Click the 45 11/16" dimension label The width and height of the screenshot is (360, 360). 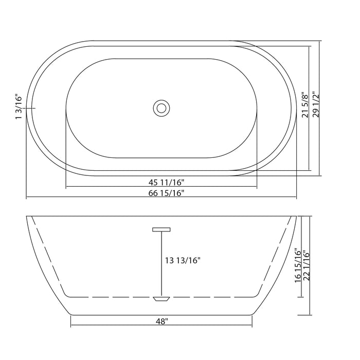(161, 182)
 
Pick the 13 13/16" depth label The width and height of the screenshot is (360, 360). (183, 260)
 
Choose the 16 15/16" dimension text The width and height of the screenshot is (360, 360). (297, 267)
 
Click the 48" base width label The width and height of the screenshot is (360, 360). (161, 321)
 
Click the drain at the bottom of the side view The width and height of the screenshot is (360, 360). (161, 298)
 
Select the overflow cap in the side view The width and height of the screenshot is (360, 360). (161, 229)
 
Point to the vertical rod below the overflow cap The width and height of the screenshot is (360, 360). (161, 262)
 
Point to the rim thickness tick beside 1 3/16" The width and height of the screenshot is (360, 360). (30, 108)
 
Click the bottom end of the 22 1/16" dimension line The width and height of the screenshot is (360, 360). (311, 314)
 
